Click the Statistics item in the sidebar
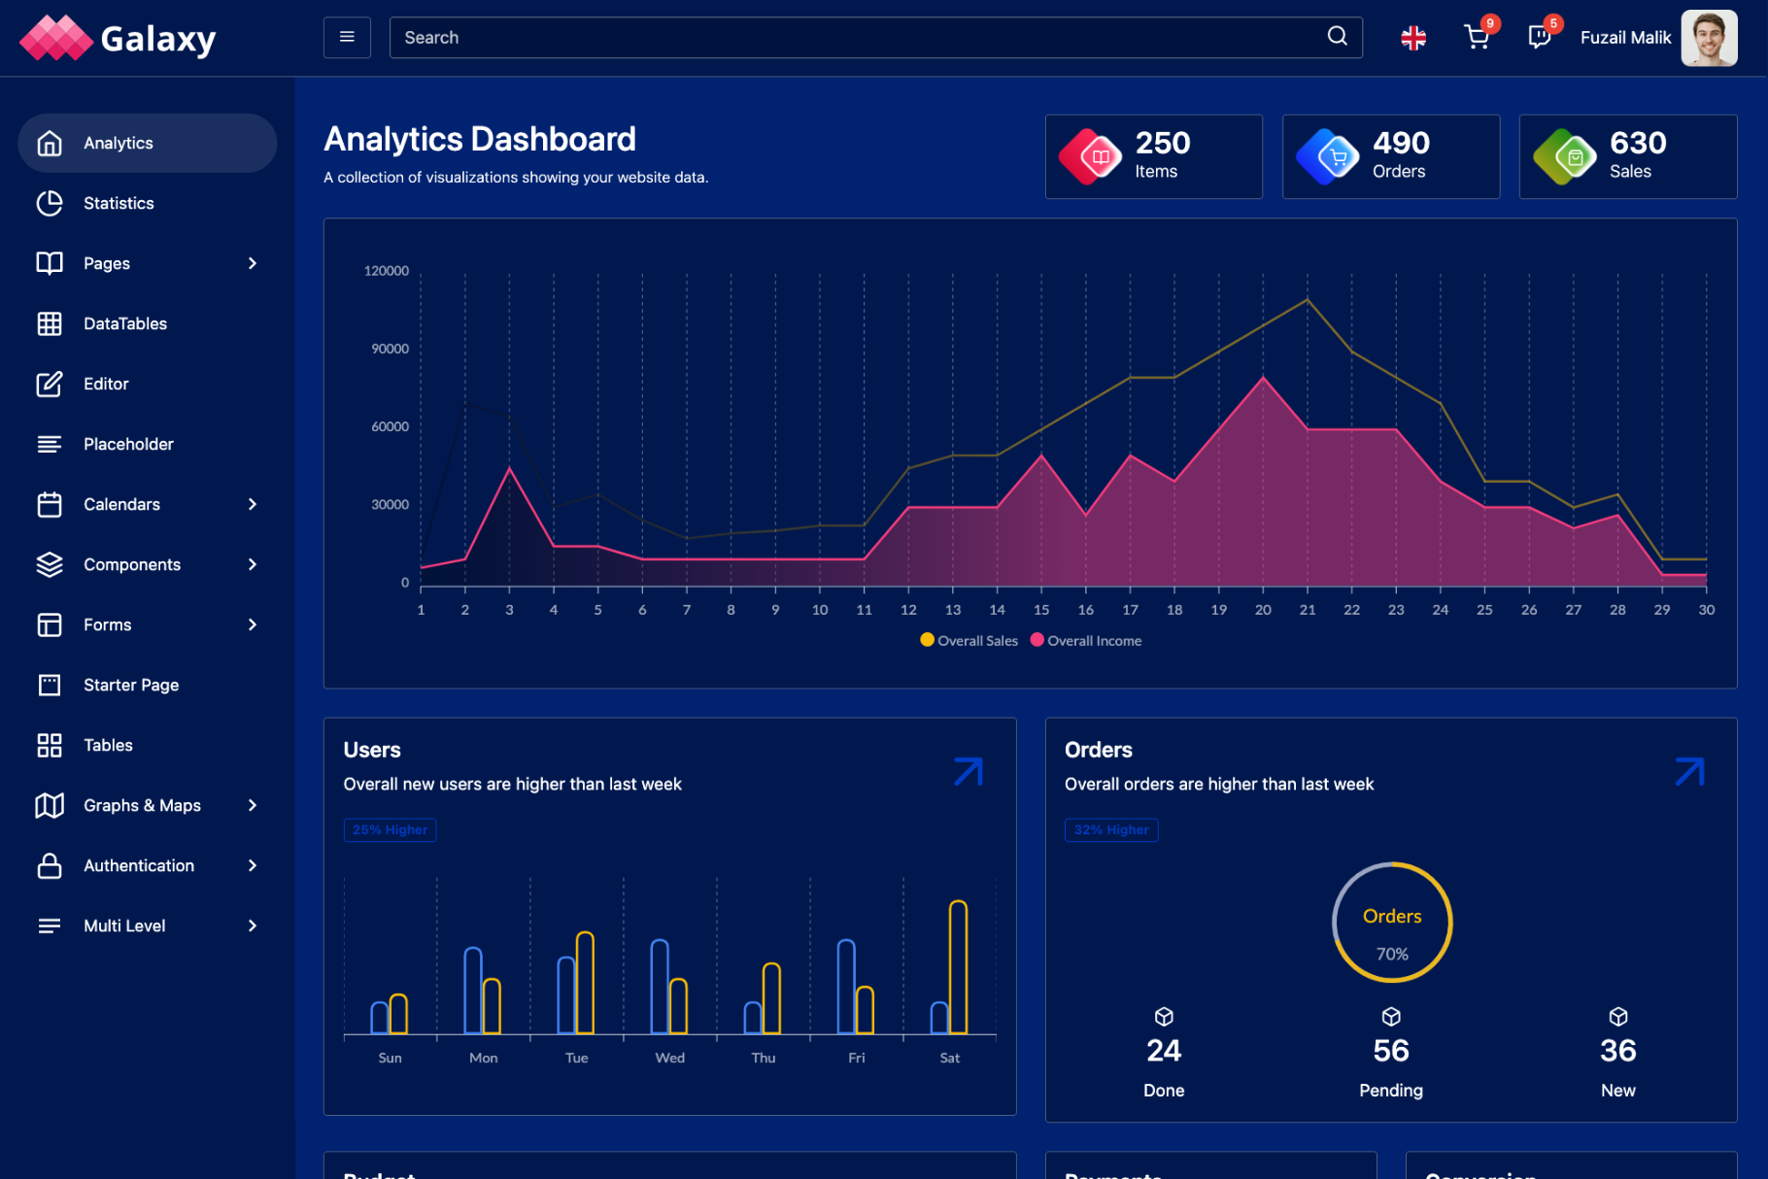[x=119, y=203]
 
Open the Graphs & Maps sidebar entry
[x=142, y=805]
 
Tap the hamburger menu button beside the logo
[x=347, y=38]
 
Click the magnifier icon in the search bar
[x=1337, y=37]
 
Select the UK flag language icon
[x=1413, y=38]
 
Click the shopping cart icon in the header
[x=1476, y=38]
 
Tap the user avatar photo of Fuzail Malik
[x=1709, y=38]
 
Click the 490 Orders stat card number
[x=1401, y=143]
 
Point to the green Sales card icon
[x=1565, y=156]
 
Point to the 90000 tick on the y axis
[x=390, y=349]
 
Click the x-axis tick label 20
[x=1263, y=610]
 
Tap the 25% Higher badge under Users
[x=390, y=830]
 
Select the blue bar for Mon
[x=473, y=990]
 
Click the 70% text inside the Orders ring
[x=1392, y=954]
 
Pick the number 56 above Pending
[x=1391, y=1051]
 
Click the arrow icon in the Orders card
[x=1689, y=772]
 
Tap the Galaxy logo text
[x=158, y=39]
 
